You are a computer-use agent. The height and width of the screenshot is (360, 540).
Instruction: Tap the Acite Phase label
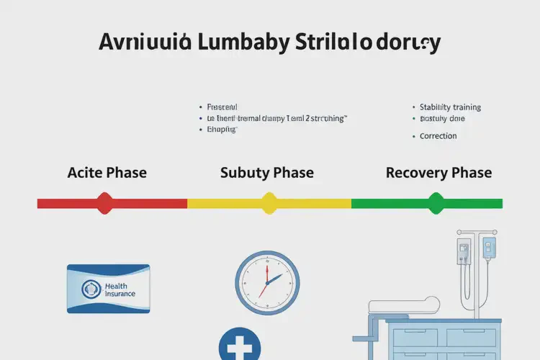pos(107,173)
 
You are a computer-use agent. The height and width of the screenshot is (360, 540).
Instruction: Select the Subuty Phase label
pos(266,173)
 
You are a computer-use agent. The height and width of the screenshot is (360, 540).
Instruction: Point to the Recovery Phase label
pos(438,173)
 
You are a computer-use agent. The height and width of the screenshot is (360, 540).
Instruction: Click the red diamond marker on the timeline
pos(105,203)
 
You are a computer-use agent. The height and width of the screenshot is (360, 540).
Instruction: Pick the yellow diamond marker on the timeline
pos(269,203)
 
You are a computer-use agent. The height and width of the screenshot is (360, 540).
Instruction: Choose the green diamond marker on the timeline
pos(436,203)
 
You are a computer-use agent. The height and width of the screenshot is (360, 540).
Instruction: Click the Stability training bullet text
pos(450,107)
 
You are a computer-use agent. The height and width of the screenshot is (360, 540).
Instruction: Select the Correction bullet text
pos(438,135)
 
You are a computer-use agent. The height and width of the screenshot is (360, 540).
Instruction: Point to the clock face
pos(266,282)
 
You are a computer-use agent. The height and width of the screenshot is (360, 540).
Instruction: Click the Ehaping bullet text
pos(222,130)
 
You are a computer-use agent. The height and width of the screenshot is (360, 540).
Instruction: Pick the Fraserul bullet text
pos(222,106)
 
